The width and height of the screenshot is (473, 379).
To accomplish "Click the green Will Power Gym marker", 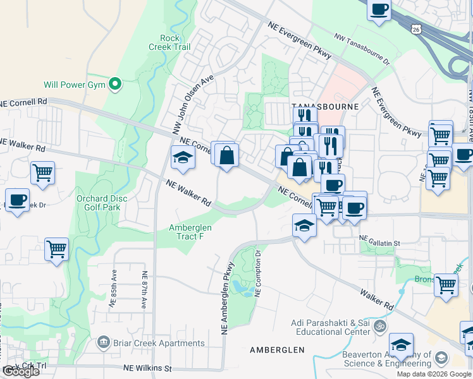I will tap(114, 84).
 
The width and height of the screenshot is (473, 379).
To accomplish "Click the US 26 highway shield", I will tap(415, 29).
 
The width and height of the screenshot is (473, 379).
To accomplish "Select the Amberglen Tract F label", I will tap(190, 232).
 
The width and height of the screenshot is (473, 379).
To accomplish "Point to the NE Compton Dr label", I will tap(257, 272).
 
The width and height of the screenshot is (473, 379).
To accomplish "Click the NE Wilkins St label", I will tap(147, 368).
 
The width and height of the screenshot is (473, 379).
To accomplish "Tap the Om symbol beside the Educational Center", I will tap(379, 327).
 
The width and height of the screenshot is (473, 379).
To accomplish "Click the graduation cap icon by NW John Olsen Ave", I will tap(182, 158).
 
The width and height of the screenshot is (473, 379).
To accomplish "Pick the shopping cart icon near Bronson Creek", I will tap(446, 284).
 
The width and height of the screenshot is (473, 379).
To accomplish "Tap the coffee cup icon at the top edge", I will tap(379, 9).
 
